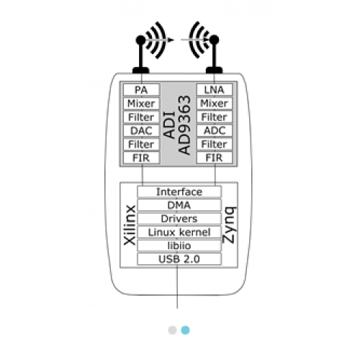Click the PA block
click(141, 90)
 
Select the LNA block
click(215, 89)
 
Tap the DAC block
click(141, 130)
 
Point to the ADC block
click(215, 130)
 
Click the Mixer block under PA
click(141, 104)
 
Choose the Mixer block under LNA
click(215, 103)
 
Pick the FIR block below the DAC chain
click(141, 158)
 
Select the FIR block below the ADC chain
click(215, 158)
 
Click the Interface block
click(179, 192)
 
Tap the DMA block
click(179, 205)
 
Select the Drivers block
click(179, 219)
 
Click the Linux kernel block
click(179, 232)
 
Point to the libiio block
click(179, 246)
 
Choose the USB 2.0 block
click(179, 259)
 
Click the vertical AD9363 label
click(184, 125)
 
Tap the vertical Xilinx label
click(130, 225)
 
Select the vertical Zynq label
click(230, 225)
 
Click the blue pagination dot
click(185, 330)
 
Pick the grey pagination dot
click(172, 330)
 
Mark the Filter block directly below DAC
click(141, 144)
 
